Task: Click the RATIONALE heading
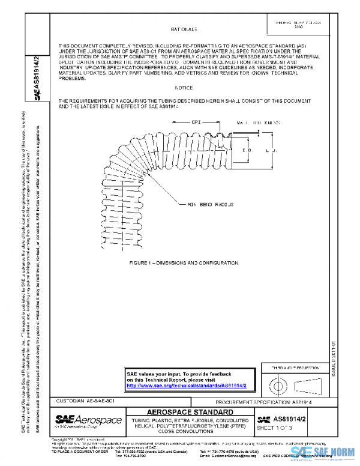(x=184, y=28)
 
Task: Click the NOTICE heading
(x=183, y=87)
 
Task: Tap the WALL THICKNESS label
(x=259, y=123)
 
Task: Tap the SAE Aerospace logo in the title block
(x=89, y=420)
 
